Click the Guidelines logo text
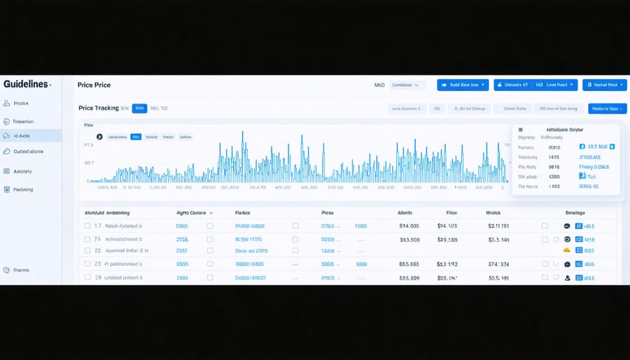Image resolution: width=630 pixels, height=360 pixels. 26,84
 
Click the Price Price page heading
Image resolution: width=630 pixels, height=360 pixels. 94,85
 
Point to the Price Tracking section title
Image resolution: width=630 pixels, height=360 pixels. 99,109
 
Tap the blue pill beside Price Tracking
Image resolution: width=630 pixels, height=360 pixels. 139,109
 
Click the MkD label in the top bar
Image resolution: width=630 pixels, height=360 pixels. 379,85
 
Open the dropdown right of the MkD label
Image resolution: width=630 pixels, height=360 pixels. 407,85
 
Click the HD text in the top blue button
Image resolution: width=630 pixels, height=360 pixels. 539,85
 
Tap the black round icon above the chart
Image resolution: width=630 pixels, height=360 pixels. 99,137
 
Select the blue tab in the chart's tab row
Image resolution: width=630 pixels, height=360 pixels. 136,137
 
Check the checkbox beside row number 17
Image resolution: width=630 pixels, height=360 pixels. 87,226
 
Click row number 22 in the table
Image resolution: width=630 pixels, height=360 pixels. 98,250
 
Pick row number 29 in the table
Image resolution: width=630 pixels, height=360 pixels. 98,277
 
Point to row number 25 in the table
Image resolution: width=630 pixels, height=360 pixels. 98,264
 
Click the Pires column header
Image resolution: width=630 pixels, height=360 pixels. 327,212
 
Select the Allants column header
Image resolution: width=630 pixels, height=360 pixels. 405,212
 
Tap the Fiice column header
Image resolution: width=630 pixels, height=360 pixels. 451,212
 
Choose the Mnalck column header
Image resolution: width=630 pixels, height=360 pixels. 493,212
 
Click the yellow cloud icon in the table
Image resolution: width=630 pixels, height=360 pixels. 567,250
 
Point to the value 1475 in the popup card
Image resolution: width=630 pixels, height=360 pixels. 554,158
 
